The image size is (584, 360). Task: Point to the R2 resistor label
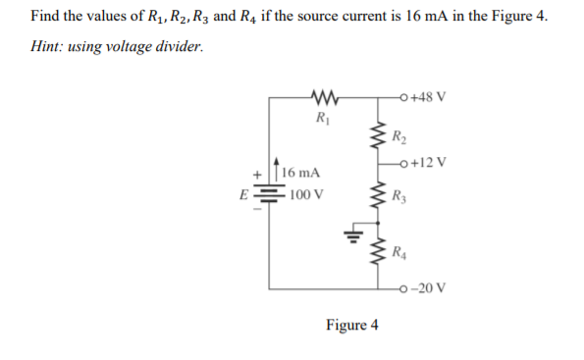(397, 136)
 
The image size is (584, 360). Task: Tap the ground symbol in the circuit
(349, 235)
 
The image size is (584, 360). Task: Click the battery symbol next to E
(270, 193)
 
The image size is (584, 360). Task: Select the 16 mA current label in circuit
(306, 173)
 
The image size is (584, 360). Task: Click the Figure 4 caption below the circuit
(351, 326)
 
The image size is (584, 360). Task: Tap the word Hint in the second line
(48, 48)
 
